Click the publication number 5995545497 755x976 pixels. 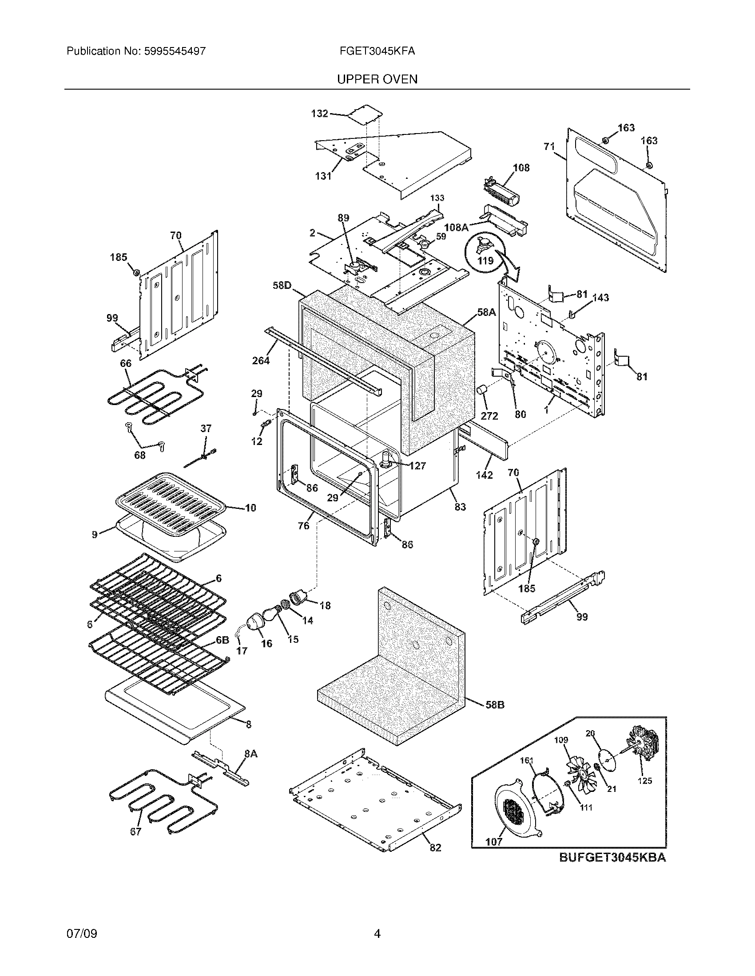[175, 51]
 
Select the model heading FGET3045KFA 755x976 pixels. [377, 51]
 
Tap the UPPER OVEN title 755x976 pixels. [377, 79]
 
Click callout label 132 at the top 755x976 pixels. [320, 114]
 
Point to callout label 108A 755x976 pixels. [456, 228]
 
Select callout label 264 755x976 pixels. [261, 360]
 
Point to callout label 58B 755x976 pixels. [495, 705]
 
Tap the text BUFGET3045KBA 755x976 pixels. [612, 858]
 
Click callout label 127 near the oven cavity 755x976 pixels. [417, 466]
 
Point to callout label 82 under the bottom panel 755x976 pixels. [435, 848]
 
